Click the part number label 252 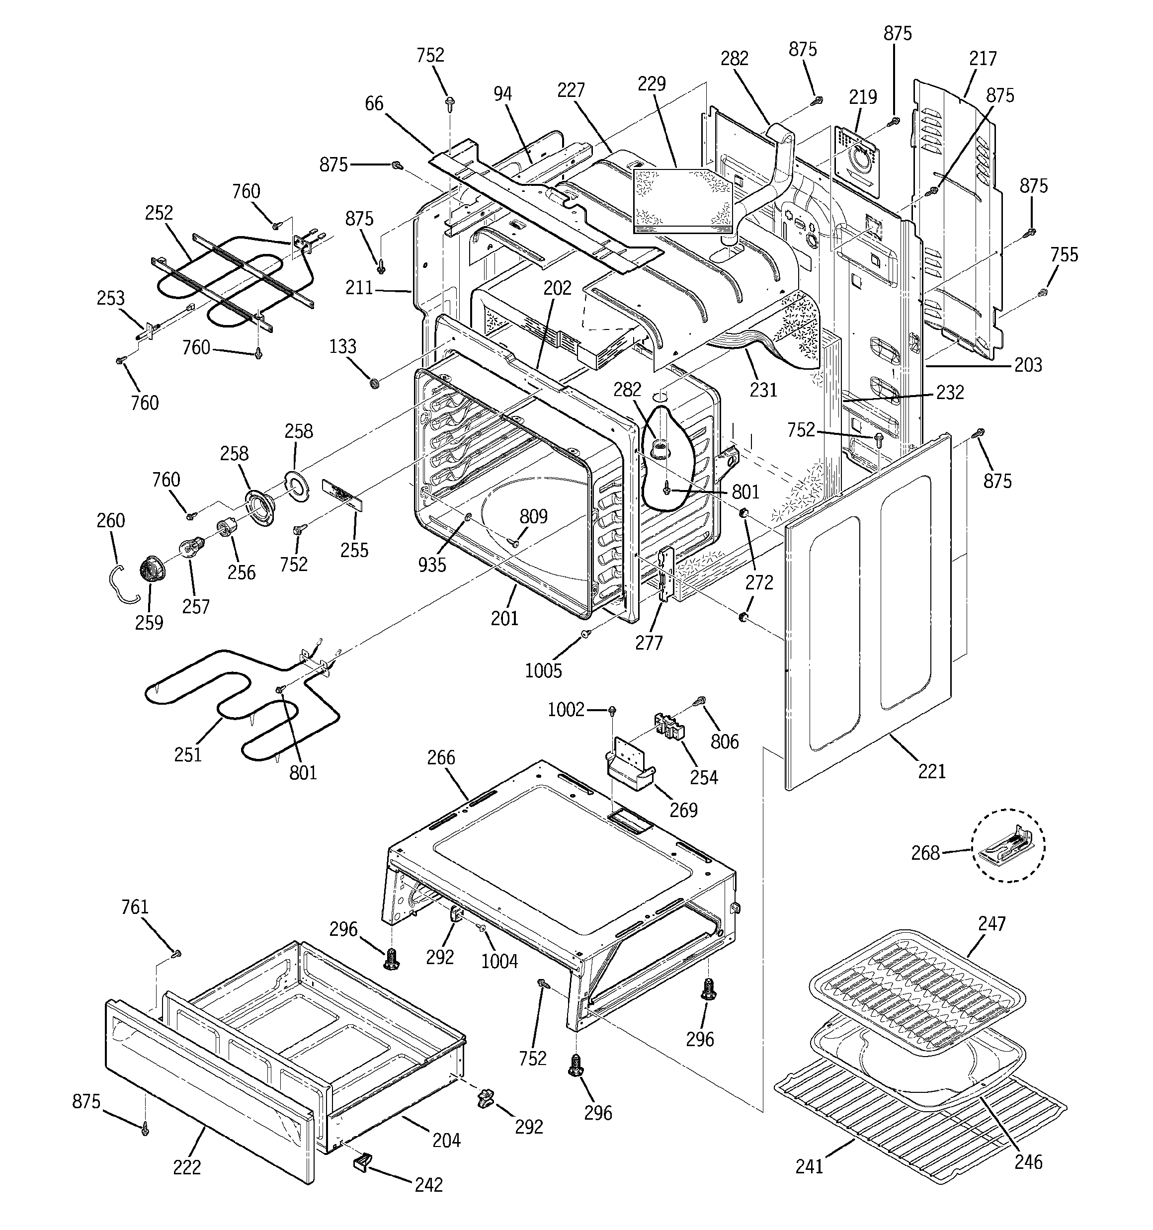[x=159, y=213]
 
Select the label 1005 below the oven [x=543, y=671]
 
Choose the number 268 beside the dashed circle [x=925, y=853]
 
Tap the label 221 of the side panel [x=931, y=771]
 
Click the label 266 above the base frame [x=441, y=757]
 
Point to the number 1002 [x=566, y=710]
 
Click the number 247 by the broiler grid [x=991, y=924]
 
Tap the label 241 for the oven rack [x=809, y=1167]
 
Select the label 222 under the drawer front [x=187, y=1167]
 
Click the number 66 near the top [x=374, y=103]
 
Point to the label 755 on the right [x=1064, y=254]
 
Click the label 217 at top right [x=983, y=58]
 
